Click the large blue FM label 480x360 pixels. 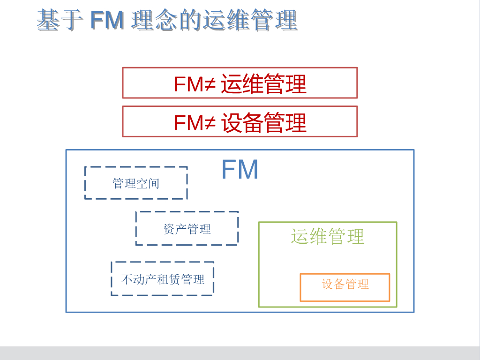coord(240,170)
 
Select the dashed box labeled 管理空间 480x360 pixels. coord(136,183)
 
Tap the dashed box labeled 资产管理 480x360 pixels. coord(187,228)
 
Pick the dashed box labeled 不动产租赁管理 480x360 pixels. coord(163,279)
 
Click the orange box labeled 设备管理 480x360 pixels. coord(345,287)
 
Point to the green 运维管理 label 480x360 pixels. coord(327,236)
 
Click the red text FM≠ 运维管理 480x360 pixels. coord(240,84)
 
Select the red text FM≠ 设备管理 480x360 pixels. coord(240,122)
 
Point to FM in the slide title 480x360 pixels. coord(107,21)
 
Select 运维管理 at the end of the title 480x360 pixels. coord(250,21)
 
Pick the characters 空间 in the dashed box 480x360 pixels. coord(148,183)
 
